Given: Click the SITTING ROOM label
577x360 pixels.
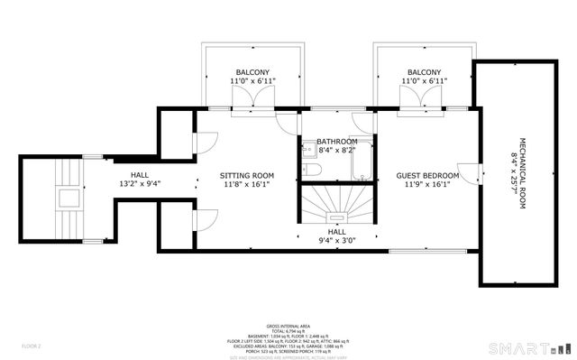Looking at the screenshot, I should [x=247, y=175].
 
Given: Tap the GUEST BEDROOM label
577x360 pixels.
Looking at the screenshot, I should [x=427, y=175].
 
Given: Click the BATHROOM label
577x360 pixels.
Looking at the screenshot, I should [x=336, y=142].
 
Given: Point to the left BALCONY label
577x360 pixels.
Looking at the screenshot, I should [x=253, y=72].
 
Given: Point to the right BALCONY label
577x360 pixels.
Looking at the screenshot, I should [x=425, y=72].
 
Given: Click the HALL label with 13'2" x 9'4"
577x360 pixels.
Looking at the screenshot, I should [x=139, y=175].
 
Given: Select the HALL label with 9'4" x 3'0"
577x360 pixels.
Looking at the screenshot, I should [x=336, y=232].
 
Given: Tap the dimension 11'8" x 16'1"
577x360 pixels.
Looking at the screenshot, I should [x=247, y=185].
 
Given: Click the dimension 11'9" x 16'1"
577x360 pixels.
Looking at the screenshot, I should [x=427, y=185].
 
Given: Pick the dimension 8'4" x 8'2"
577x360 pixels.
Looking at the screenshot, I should [x=336, y=151].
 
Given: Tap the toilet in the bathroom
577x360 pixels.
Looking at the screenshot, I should [x=308, y=170].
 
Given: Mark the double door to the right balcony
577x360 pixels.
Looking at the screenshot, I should [x=422, y=113].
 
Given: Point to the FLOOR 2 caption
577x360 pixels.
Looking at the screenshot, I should [x=32, y=346].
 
